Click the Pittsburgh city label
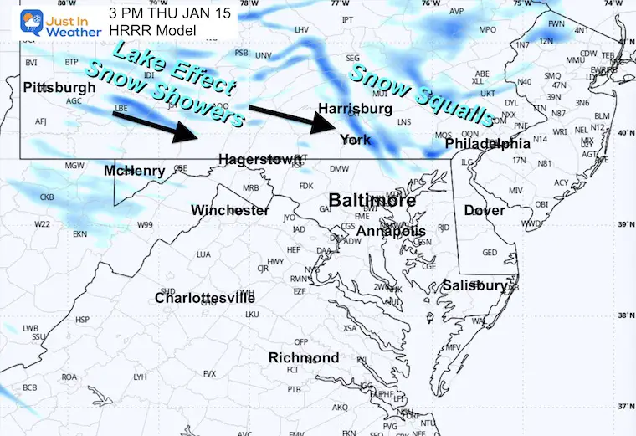point(59,88)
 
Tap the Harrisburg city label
point(355,109)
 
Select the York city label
point(356,140)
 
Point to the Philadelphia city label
point(488,144)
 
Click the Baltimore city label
point(372,201)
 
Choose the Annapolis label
point(391,231)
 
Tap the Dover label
point(485,210)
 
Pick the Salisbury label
point(474,285)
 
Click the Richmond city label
point(303,358)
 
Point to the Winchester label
point(230,210)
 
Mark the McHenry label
point(135,172)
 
